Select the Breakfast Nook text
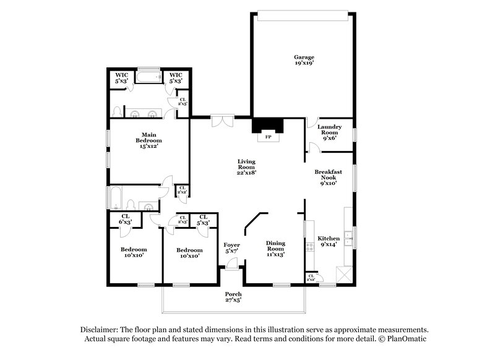click(328, 178)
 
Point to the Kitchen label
click(329, 241)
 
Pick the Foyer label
click(231, 249)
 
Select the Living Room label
click(247, 167)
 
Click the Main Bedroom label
click(148, 140)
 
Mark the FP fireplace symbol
click(268, 136)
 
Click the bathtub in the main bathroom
click(148, 79)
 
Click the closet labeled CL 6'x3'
click(125, 220)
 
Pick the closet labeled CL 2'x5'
click(183, 102)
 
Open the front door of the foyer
click(231, 265)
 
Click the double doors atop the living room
click(221, 120)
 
